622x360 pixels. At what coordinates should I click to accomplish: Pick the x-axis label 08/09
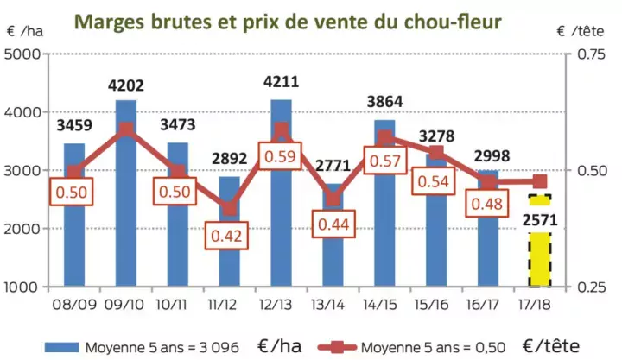click(74, 305)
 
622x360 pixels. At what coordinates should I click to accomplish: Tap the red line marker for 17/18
click(540, 181)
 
